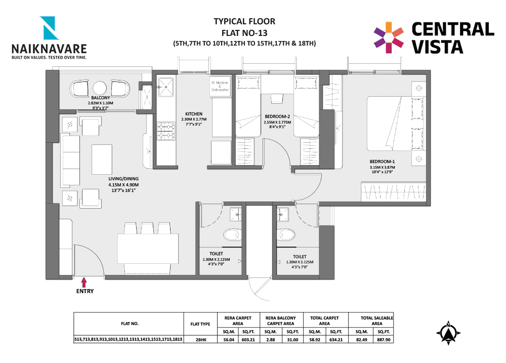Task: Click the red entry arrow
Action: pyautogui.click(x=84, y=281)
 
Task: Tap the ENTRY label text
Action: pyautogui.click(x=85, y=291)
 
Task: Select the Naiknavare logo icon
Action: pyautogui.click(x=51, y=28)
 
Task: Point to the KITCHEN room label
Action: pyautogui.click(x=194, y=114)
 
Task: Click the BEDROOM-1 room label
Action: pyautogui.click(x=382, y=162)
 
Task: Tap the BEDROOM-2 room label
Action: pyautogui.click(x=277, y=116)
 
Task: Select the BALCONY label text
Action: pyautogui.click(x=100, y=98)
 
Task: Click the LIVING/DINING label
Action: pyautogui.click(x=123, y=179)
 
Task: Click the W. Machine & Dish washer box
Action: pyautogui.click(x=219, y=86)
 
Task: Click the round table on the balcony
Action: pyautogui.click(x=100, y=87)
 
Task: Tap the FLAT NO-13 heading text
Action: pyautogui.click(x=244, y=32)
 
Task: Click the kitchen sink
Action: pyautogui.click(x=165, y=87)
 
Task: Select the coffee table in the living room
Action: pyautogui.click(x=102, y=160)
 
